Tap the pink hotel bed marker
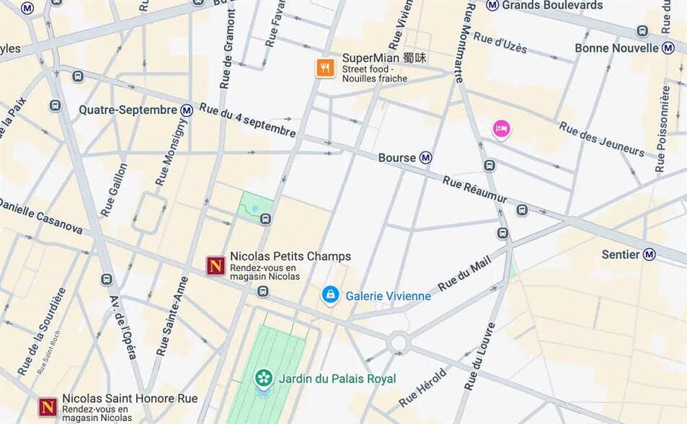coord(502,128)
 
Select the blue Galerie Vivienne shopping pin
coord(330,294)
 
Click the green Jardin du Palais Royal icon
coord(264,377)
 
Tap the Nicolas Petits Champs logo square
coord(215,265)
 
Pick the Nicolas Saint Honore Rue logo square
coord(48,407)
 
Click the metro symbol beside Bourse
coord(426,157)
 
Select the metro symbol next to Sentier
coord(650,255)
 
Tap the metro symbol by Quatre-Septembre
coord(187,110)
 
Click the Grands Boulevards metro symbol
coord(492,5)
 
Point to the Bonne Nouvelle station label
coord(617,48)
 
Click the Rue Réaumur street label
coord(475,189)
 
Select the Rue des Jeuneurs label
coord(601,138)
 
